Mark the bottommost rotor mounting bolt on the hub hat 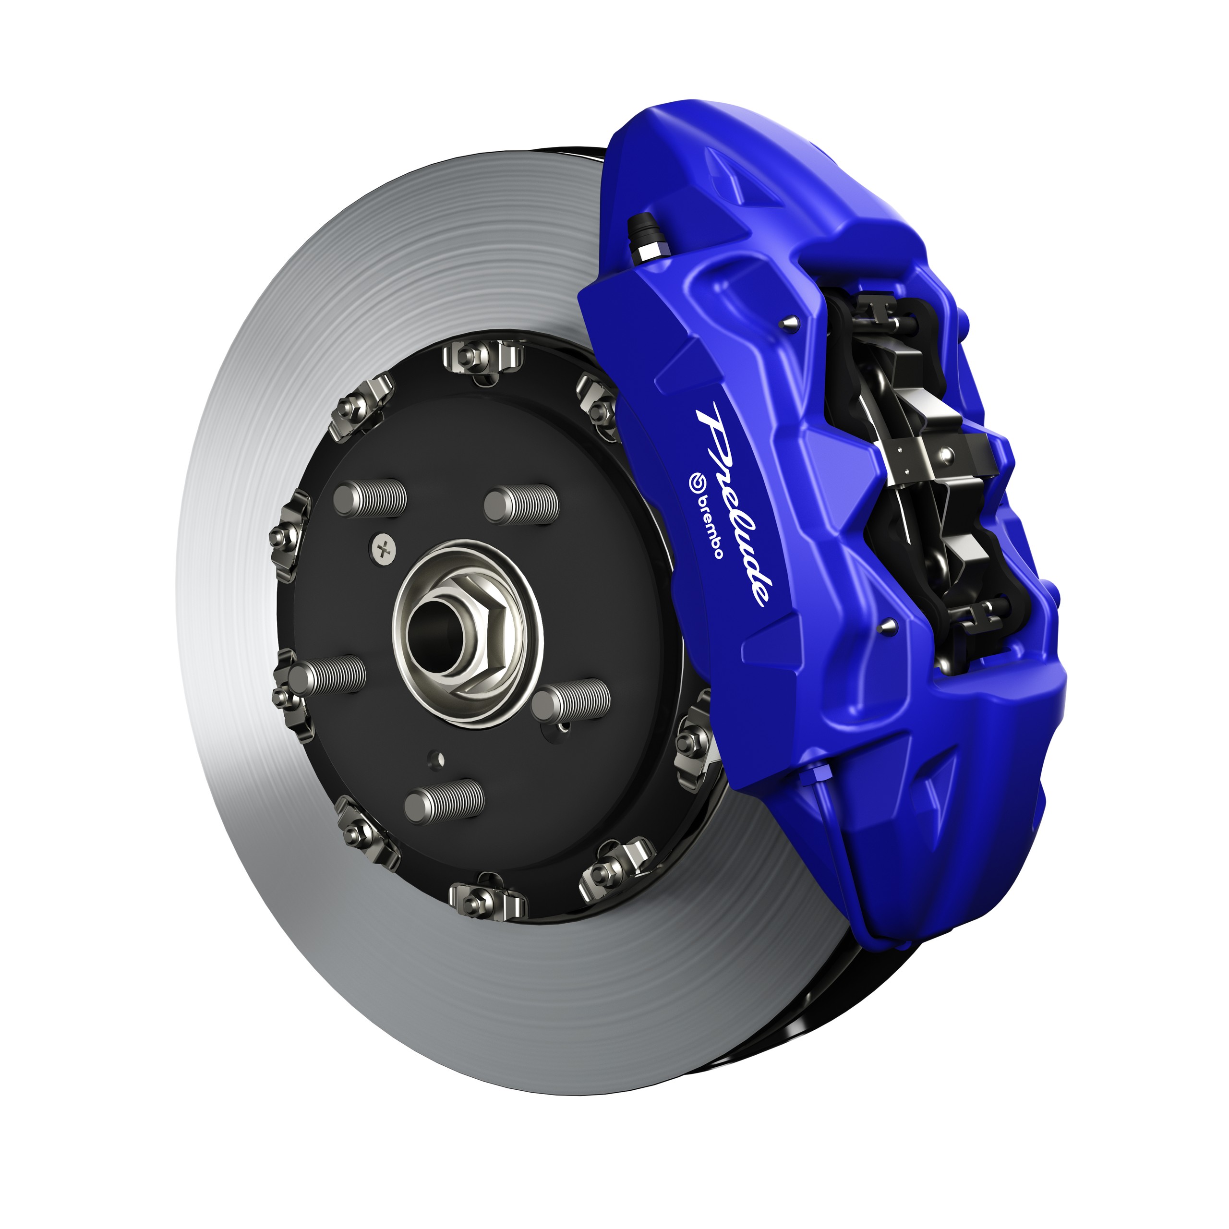pyautogui.click(x=487, y=899)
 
